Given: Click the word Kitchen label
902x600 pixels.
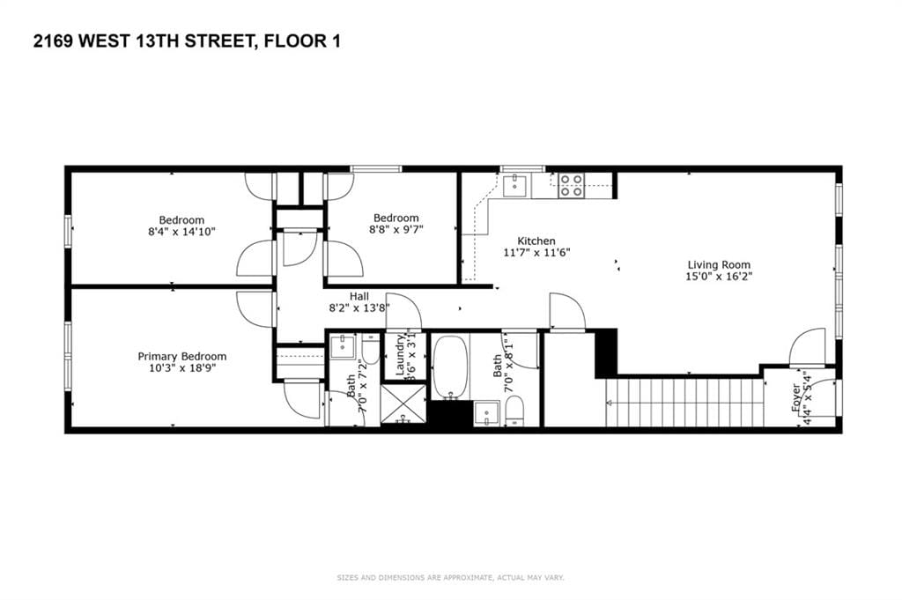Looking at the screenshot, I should coord(536,241).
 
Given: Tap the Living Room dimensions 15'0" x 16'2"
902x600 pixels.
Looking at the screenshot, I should coord(719,276).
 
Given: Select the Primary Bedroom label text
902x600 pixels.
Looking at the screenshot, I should coord(181,356).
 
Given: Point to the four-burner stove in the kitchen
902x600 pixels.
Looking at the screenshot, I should coord(570,185).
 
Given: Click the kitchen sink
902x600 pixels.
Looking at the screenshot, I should coord(515,183).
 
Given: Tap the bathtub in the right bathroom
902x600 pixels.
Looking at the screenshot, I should coord(449,367).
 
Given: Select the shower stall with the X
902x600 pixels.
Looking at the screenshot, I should coord(405,404).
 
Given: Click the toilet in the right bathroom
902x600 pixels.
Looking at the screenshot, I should coord(515,410).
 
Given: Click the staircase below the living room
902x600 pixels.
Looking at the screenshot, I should coord(683,403).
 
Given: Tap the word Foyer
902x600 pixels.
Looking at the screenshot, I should coord(796,398).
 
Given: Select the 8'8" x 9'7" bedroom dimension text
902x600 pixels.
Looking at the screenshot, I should coord(396,230).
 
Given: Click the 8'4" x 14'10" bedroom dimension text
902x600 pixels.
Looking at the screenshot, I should coord(181,231).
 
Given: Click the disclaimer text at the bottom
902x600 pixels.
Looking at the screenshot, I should coord(450,578).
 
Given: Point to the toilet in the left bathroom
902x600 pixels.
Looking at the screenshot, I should coord(370,351).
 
